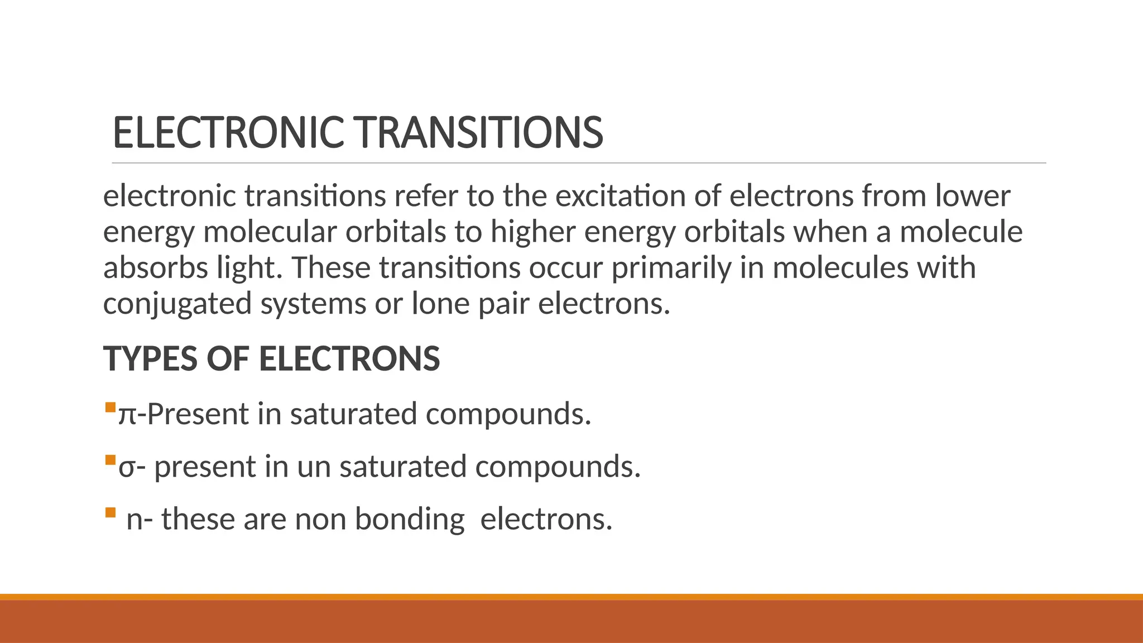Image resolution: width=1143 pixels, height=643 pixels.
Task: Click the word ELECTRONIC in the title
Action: pos(228,133)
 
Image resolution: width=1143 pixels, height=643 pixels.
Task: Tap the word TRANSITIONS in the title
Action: pos(480,133)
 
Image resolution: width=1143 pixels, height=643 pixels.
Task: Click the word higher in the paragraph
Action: pos(532,232)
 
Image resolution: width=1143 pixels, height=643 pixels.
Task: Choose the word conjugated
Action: pos(177,304)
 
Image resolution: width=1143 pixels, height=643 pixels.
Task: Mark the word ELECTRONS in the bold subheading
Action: pos(349,358)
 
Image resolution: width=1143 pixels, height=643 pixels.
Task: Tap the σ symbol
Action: pos(127,468)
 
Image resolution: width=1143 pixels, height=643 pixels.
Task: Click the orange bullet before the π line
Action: pos(110,407)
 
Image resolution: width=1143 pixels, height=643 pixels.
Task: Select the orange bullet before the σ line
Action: pos(110,460)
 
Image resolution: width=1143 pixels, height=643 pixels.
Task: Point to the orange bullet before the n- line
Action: pos(110,512)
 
